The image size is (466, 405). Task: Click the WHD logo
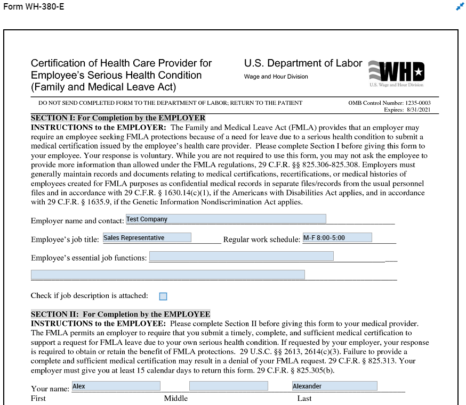[397, 72]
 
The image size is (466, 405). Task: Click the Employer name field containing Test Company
[226, 219]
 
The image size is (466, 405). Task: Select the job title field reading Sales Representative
[147, 238]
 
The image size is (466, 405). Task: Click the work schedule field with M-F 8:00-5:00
[336, 238]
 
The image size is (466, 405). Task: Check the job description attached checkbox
[163, 296]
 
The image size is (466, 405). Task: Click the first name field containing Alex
[116, 386]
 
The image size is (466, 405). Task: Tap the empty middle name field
[228, 386]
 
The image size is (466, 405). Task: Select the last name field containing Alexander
[334, 386]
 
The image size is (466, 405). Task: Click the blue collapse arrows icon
[460, 6]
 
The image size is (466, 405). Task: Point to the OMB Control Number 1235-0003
[389, 103]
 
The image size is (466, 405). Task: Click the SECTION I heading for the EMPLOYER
[118, 118]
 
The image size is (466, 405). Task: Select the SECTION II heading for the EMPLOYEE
[120, 315]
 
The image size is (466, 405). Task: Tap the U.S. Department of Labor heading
[303, 63]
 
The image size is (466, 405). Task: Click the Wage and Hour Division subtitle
[276, 77]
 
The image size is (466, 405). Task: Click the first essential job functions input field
[241, 257]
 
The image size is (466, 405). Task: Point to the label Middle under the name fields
[175, 399]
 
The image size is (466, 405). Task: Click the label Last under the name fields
[304, 399]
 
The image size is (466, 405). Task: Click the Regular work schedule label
[261, 240]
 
